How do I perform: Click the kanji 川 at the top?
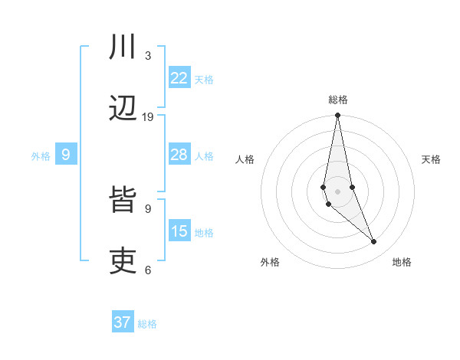123,47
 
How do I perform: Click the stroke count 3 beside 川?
148,55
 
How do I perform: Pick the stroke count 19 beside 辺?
148,116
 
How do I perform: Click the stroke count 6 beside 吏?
148,270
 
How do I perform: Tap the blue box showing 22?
179,77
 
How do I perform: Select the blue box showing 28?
179,155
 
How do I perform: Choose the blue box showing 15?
179,231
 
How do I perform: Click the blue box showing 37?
123,322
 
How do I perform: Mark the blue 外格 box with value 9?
66,155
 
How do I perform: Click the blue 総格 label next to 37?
147,324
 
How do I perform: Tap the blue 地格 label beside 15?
204,233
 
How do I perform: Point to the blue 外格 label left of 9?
41,156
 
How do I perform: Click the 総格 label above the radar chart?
337,100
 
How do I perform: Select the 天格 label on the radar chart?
431,159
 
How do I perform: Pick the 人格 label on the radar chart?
245,159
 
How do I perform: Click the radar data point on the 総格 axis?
337,116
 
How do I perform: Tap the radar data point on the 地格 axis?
374,242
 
